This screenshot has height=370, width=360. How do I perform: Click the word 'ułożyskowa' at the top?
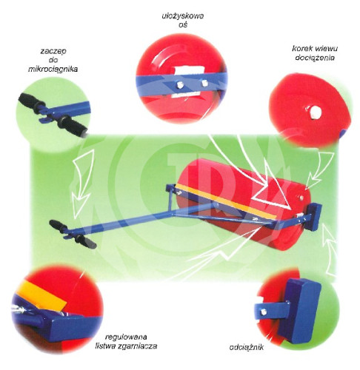coord(183,16)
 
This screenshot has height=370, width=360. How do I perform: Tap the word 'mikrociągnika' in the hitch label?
coord(53,69)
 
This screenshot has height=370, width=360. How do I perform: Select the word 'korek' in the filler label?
coord(299,48)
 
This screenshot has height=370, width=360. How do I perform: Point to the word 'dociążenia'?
coord(315,58)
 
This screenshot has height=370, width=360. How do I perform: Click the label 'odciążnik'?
coord(247,347)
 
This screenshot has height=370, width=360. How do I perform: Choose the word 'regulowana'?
coord(126,337)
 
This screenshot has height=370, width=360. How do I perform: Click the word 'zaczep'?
coord(53,51)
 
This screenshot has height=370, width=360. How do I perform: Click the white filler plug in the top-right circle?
coord(314,112)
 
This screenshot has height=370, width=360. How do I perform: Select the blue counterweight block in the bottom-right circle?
coord(299,311)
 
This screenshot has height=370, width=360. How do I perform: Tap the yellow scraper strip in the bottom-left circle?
coord(41,294)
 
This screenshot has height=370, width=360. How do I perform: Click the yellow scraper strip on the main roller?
coord(226,201)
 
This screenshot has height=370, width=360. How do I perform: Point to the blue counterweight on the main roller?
coord(314,217)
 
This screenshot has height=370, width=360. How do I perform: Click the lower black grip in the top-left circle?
coord(73,125)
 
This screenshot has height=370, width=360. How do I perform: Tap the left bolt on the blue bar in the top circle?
coord(179,84)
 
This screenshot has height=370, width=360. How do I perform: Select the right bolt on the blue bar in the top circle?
coord(204,83)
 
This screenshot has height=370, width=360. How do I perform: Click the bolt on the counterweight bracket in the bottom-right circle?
coord(264,312)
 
